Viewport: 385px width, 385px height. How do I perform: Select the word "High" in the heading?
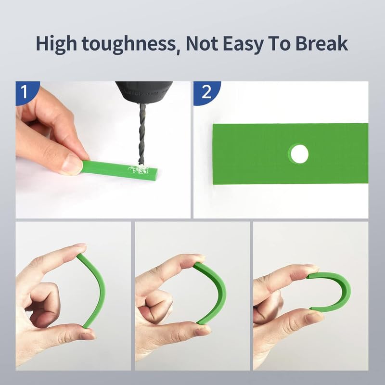pos(57,44)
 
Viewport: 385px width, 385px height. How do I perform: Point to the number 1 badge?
pos(23,90)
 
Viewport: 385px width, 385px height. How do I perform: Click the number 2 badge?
pos(206,91)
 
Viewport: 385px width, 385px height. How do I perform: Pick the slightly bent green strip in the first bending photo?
pos(98,289)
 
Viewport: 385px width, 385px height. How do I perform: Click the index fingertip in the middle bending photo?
pos(195,260)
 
